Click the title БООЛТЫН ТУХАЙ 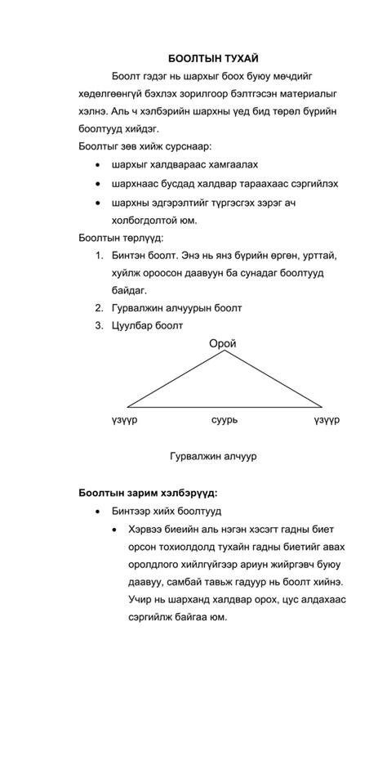coord(213,59)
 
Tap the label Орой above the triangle coord(222,344)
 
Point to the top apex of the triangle coord(225,352)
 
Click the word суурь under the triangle coord(224,420)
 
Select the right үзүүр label coord(327,420)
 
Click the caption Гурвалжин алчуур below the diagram coord(213,456)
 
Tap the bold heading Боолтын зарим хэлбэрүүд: coord(149,493)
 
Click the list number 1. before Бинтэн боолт coord(100,255)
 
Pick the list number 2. coord(100,308)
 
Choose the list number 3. coord(100,326)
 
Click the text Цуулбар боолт coord(148,326)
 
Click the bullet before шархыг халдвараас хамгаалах coord(99,165)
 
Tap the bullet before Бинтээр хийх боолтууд coord(99,512)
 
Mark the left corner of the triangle coord(127,406)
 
